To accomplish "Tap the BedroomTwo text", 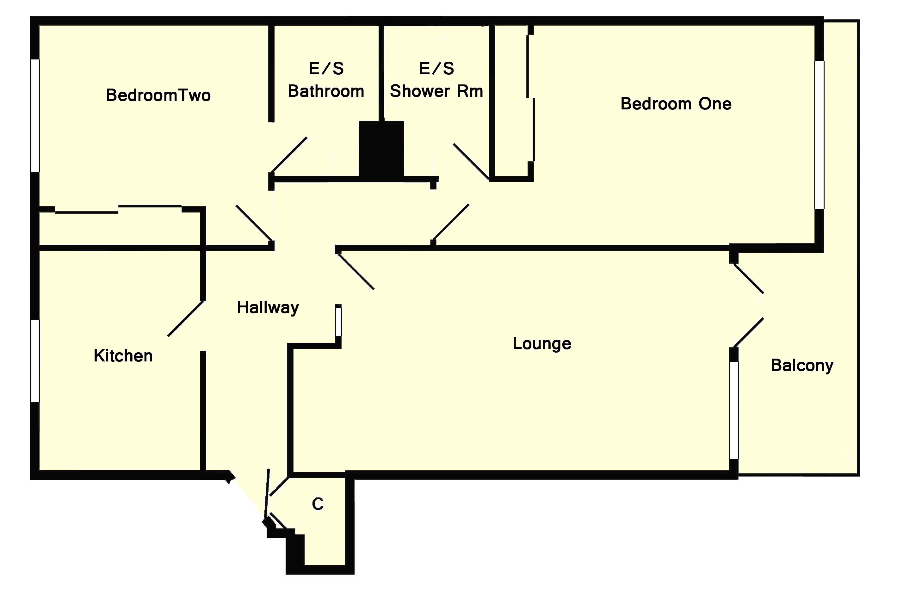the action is (x=158, y=95).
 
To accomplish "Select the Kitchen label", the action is (x=123, y=356).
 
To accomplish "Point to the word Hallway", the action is (x=268, y=307).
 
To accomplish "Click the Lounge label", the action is (x=541, y=344).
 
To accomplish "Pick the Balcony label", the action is (x=802, y=365).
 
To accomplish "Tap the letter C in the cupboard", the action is (x=318, y=504).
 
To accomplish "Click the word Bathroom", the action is (x=326, y=91).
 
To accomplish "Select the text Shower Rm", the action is (x=436, y=91).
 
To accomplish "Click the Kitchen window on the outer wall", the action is (x=35, y=361).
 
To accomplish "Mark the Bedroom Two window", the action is (x=35, y=115).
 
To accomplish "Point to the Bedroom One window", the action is (x=819, y=134).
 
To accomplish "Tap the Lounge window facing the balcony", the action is (x=734, y=410).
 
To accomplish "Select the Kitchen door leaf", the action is (x=186, y=318).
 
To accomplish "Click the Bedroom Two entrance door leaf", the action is (x=254, y=223).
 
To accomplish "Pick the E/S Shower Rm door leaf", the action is (x=471, y=161).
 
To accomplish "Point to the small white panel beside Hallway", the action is (x=338, y=321).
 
